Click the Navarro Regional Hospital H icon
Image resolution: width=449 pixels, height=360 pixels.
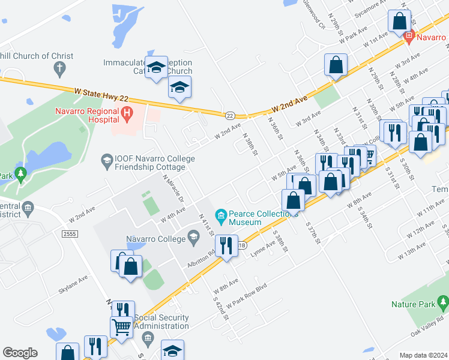(x=127, y=112)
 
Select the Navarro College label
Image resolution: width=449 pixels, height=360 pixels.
(x=156, y=239)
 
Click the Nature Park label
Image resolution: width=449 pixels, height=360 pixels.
(x=412, y=305)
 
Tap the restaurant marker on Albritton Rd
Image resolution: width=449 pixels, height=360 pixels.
(x=226, y=245)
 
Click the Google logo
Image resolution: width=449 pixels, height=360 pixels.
(x=20, y=353)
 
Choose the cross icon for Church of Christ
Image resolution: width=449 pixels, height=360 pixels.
(x=59, y=70)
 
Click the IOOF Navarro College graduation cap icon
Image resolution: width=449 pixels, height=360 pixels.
(x=107, y=160)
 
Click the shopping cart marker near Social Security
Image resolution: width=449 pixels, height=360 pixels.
(x=121, y=327)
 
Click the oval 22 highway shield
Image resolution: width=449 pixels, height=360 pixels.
(x=231, y=115)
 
